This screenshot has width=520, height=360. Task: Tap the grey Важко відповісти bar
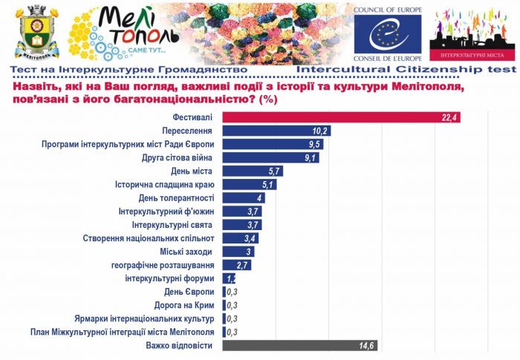click(x=297, y=345)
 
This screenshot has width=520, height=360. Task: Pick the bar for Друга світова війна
click(x=270, y=157)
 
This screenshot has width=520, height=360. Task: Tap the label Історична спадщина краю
click(x=165, y=184)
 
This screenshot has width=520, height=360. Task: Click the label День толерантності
click(x=177, y=198)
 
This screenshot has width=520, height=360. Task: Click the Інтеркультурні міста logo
click(x=474, y=33)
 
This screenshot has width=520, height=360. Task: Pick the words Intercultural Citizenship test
click(x=406, y=69)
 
